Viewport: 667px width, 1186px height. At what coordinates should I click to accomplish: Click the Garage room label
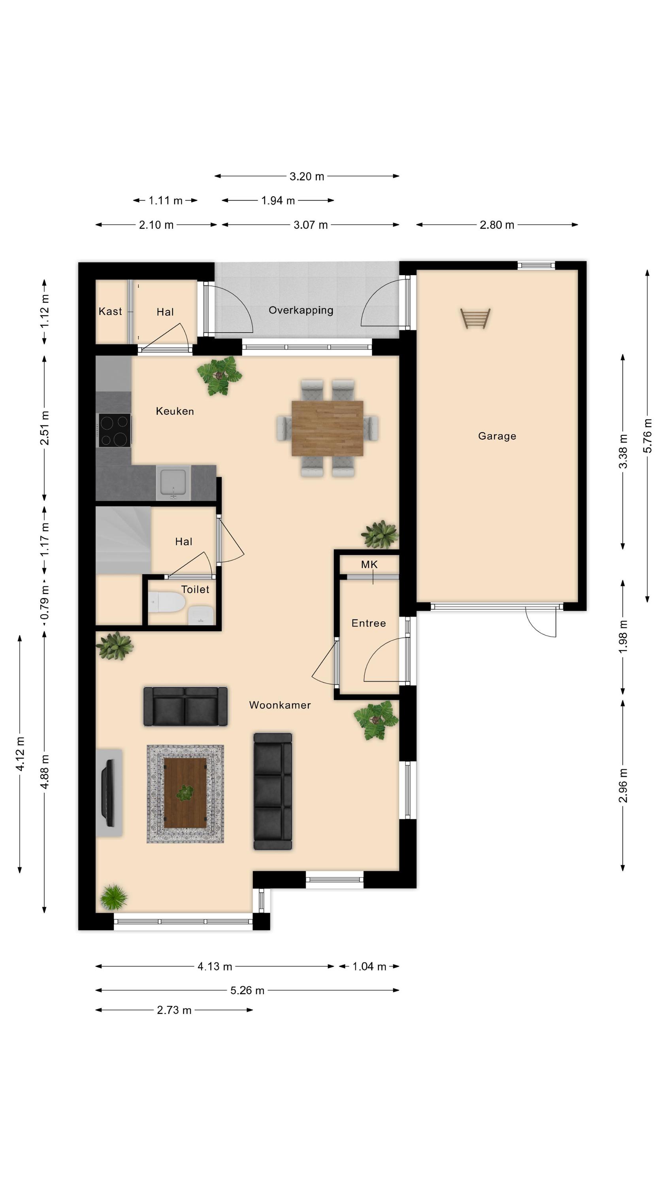click(x=497, y=436)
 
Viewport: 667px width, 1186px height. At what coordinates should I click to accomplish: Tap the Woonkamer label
click(x=280, y=705)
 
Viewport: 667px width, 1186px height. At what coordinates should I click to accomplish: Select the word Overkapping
click(x=301, y=310)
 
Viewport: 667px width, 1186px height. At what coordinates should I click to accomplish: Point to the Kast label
click(x=111, y=311)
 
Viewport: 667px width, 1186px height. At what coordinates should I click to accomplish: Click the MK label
click(x=369, y=565)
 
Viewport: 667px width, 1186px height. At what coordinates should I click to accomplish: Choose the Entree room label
click(x=369, y=623)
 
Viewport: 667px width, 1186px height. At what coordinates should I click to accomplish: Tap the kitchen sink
click(x=173, y=482)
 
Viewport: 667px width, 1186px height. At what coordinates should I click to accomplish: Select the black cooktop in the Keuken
click(x=115, y=430)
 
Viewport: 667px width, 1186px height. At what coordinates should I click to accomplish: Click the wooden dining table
click(x=327, y=428)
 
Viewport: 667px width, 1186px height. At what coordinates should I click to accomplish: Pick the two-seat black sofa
click(x=185, y=706)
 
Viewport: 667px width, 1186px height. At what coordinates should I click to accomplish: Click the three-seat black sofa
click(x=273, y=791)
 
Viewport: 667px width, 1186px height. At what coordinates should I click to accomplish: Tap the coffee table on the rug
click(x=185, y=793)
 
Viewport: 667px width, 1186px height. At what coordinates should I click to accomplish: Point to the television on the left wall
click(x=109, y=792)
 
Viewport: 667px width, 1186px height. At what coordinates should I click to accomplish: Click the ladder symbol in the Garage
click(x=475, y=319)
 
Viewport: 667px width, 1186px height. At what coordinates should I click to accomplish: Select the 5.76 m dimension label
click(x=648, y=436)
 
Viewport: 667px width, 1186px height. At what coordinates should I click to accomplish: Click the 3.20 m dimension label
click(x=307, y=176)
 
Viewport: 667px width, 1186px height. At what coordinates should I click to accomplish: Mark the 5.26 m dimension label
click(x=248, y=990)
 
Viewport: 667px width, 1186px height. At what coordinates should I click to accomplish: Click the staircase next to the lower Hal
click(x=123, y=540)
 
